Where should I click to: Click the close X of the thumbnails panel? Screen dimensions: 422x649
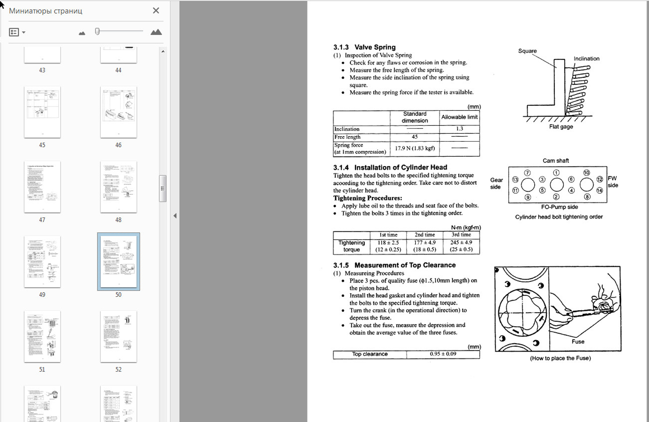coord(156,11)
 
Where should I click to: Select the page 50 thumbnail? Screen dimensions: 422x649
coord(119,261)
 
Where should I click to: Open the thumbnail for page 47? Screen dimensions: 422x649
coord(42,187)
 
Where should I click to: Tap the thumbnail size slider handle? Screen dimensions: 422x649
coord(97,31)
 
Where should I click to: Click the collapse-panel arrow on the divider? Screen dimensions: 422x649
coord(175,216)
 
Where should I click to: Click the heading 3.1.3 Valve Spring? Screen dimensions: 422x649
coord(364,47)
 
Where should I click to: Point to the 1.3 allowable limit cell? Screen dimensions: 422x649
coord(459,129)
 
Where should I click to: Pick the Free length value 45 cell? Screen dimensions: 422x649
coord(415,137)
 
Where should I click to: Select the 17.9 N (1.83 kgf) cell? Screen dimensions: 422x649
coord(415,148)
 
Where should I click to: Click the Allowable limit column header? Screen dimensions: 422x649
coord(459,117)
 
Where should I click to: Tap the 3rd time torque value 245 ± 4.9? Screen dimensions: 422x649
coord(461,243)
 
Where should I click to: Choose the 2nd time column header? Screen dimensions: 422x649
coord(425,235)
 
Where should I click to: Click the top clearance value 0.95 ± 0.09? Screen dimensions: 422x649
coord(443,354)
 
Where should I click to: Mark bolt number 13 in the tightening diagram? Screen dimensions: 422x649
coord(515,180)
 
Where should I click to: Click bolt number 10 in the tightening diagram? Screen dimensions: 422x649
coord(586,173)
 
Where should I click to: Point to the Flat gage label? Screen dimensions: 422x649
coord(561,127)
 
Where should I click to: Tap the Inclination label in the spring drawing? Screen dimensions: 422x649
coord(586,58)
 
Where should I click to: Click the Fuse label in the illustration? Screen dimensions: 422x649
coord(578,342)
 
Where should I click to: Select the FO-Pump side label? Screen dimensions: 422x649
coord(559,207)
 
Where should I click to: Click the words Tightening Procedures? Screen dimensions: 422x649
coord(368,198)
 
